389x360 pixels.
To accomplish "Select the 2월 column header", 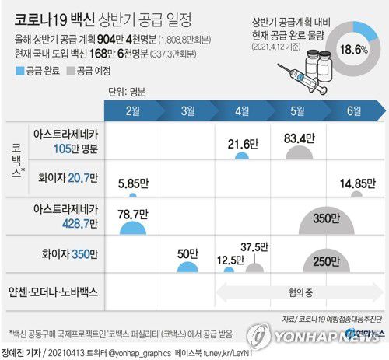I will pos(133,110).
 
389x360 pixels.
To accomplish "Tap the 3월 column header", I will pos(187,110).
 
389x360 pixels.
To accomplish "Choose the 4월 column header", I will pos(242,110).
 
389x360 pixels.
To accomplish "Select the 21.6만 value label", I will pos(243,144).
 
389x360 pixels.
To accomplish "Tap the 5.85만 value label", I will pos(133,184).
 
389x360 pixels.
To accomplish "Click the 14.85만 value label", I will pos(356,183).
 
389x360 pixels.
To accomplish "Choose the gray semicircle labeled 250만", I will pos(299,264).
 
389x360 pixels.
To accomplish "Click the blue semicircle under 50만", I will pos(187,267).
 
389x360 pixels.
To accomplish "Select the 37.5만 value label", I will pos(254,248).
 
